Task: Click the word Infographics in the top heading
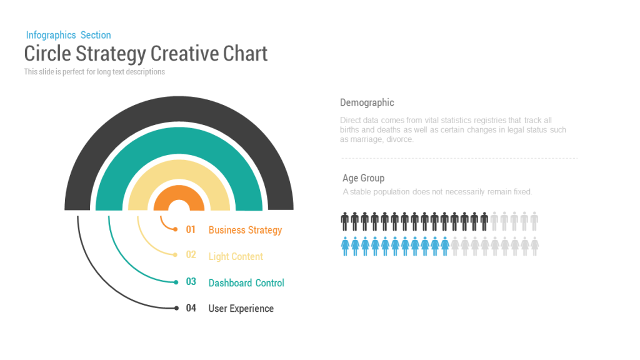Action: click(x=51, y=36)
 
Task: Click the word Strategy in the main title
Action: click(x=111, y=54)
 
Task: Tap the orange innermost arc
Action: click(x=179, y=192)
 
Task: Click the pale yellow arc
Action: click(x=179, y=167)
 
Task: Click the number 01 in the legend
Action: click(x=191, y=229)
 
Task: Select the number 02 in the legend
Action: click(x=191, y=255)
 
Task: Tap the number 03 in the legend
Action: click(x=191, y=282)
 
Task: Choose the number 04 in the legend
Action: click(x=191, y=308)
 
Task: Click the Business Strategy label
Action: click(x=245, y=230)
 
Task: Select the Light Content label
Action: click(x=236, y=256)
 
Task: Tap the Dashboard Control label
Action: click(x=246, y=283)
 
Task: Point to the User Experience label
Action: click(x=241, y=309)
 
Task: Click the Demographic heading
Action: click(x=367, y=103)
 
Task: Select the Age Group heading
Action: click(x=363, y=178)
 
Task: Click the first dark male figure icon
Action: click(x=345, y=222)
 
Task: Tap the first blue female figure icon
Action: click(x=345, y=246)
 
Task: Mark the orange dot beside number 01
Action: click(x=176, y=229)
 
